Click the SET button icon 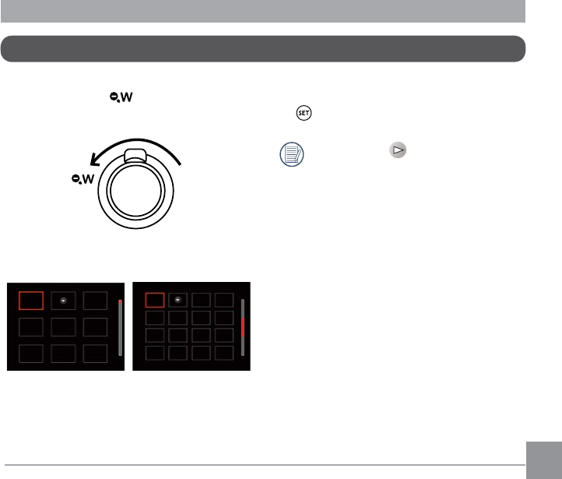click(304, 113)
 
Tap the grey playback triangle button click(398, 150)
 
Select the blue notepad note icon click(292, 154)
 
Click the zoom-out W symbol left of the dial click(83, 179)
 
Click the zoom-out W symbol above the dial click(121, 97)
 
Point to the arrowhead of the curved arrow click(94, 160)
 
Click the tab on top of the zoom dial click(135, 156)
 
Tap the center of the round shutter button click(136, 191)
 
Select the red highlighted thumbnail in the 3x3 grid click(31, 301)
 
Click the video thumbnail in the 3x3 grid click(64, 301)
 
